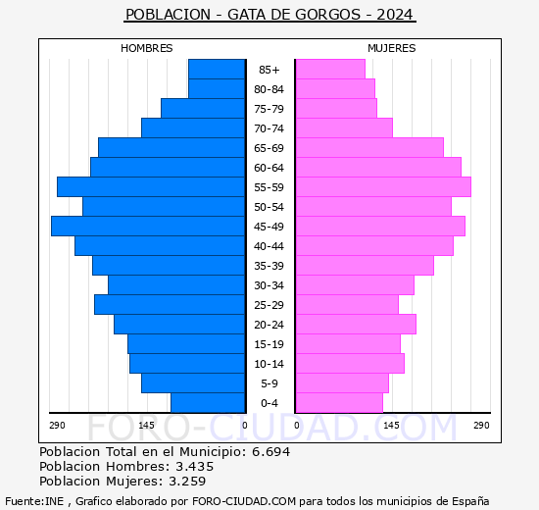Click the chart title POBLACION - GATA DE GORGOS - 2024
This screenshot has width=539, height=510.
(269, 15)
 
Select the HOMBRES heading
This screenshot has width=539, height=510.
(146, 48)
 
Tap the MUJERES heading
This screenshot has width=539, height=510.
(391, 48)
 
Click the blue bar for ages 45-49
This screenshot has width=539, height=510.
(148, 226)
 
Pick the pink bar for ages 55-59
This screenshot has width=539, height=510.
(382, 186)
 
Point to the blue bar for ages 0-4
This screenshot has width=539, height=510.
(208, 402)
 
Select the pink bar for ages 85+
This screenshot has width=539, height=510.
(329, 69)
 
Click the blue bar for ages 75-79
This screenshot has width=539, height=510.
(203, 108)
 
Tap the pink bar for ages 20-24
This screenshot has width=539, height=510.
(355, 324)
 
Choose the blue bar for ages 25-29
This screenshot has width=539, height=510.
(170, 304)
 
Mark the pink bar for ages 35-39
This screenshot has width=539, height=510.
(364, 265)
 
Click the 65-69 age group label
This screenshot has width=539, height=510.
(269, 148)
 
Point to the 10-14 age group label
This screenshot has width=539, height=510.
(269, 364)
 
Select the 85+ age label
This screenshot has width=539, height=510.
(269, 70)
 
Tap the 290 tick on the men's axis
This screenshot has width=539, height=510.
(57, 425)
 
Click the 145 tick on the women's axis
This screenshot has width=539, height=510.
(391, 425)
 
